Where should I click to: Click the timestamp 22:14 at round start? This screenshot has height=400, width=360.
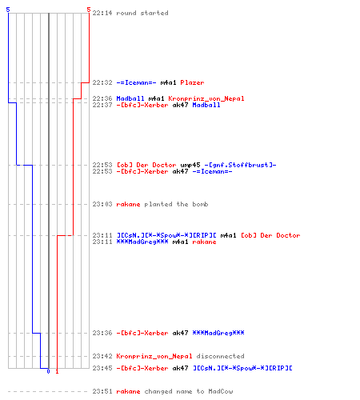pos(102,13)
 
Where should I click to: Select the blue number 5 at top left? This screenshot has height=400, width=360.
pos(8,10)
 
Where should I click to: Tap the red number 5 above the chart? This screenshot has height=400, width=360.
pos(89,10)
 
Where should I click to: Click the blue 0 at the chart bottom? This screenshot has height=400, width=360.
pos(48,371)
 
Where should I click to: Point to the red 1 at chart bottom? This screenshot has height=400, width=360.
pos(57,371)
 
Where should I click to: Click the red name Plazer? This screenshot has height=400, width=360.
pos(192,82)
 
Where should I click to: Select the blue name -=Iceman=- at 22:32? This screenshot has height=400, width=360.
pos(136,82)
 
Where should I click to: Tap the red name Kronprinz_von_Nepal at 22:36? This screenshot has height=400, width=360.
pos(206,98)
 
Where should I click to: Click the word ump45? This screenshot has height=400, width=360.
pos(190,165)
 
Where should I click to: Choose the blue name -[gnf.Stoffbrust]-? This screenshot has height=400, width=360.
pos(240,165)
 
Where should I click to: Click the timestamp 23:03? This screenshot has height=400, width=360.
pos(102,204)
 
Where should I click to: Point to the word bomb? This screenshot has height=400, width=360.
pos(200,204)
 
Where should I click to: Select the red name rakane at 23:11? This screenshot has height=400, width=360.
pos(204,242)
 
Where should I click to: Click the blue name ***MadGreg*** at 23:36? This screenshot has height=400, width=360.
pos(218,333)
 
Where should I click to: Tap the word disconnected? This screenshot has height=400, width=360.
pos(220,356)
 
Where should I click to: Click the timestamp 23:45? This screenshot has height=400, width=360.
pos(102,368)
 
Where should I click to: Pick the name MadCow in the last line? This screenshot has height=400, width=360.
pos(221,391)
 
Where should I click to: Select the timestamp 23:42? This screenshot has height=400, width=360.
pos(102,356)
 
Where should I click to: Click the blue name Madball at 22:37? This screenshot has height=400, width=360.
pos(206,105)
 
